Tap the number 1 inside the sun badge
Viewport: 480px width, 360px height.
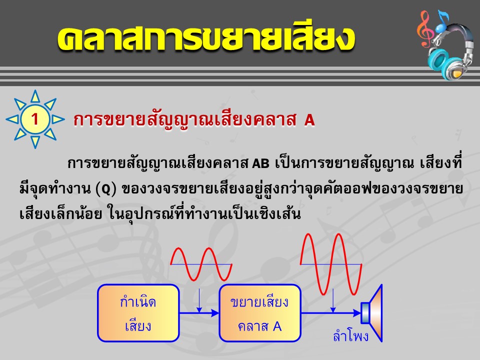(35, 119)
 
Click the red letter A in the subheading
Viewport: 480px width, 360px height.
(309, 120)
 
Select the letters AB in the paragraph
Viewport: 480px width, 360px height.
(260, 164)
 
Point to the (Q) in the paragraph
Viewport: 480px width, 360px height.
(106, 189)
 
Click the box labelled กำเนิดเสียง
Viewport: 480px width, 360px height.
(138, 313)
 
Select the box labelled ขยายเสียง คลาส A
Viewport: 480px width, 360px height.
(260, 313)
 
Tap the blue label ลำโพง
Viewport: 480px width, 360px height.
(351, 336)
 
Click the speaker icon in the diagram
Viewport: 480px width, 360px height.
(371, 313)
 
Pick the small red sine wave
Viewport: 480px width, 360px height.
(201, 264)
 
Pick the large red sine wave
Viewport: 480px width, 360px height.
(331, 264)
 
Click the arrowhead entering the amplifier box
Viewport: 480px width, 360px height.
(215, 313)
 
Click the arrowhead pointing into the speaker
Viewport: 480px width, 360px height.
(356, 313)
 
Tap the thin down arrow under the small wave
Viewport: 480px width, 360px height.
(199, 300)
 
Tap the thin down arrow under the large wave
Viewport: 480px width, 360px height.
(333, 300)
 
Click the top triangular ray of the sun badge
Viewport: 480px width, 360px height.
(35, 96)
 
